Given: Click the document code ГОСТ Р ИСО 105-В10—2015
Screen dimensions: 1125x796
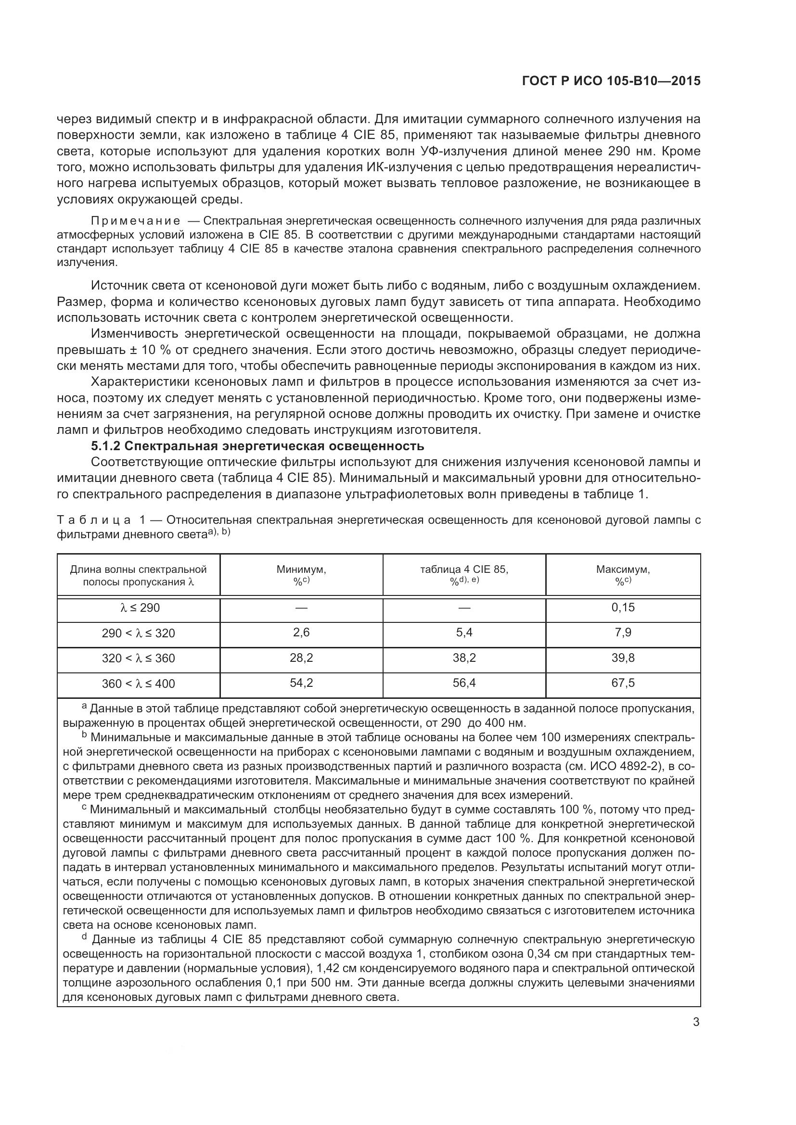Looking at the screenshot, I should point(611,81).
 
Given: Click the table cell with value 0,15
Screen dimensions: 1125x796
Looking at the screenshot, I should point(622,607).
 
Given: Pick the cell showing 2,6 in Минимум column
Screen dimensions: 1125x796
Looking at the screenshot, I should point(301,632).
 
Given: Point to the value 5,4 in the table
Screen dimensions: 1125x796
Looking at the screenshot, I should point(463,632).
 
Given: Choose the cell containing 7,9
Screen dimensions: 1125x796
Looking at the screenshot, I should point(622,632).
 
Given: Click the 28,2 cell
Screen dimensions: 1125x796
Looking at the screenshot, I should point(301,657).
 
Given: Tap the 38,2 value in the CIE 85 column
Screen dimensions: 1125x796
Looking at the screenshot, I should point(463,657).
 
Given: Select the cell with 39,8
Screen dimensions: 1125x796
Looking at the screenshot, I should point(622,657).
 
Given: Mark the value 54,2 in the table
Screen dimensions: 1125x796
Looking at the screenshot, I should point(301,683).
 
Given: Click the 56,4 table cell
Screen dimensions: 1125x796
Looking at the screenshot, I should point(463,683).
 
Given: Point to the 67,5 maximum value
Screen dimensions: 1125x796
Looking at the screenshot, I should point(622,683).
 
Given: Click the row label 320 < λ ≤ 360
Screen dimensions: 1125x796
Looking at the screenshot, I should point(138,658).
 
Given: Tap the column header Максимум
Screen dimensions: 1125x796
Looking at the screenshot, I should point(622,569).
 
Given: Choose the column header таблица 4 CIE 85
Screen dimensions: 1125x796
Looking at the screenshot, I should point(463,569).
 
